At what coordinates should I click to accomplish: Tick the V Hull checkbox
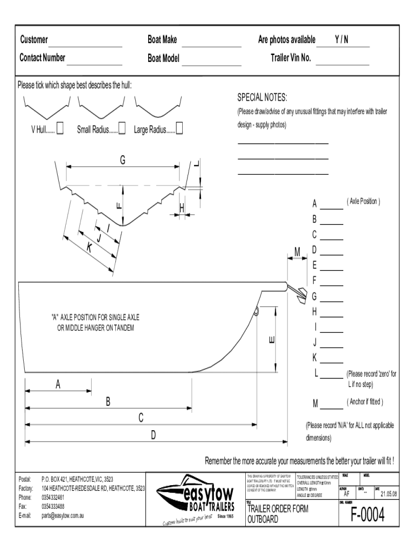(60, 128)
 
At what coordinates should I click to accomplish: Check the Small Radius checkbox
(122, 128)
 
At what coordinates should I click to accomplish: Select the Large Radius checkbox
(179, 128)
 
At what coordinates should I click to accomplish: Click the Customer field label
(34, 40)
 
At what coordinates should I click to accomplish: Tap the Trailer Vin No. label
(290, 58)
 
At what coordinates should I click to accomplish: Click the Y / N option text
(341, 40)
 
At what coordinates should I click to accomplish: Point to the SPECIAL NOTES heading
(262, 98)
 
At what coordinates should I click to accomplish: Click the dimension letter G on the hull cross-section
(122, 160)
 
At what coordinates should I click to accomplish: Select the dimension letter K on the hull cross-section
(88, 247)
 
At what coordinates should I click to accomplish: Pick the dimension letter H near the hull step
(182, 208)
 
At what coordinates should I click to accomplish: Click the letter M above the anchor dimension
(297, 251)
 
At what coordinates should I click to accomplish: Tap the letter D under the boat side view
(153, 434)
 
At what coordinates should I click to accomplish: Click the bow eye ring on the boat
(257, 310)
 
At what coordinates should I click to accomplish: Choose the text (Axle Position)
(364, 202)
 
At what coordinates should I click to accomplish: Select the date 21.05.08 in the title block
(389, 493)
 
